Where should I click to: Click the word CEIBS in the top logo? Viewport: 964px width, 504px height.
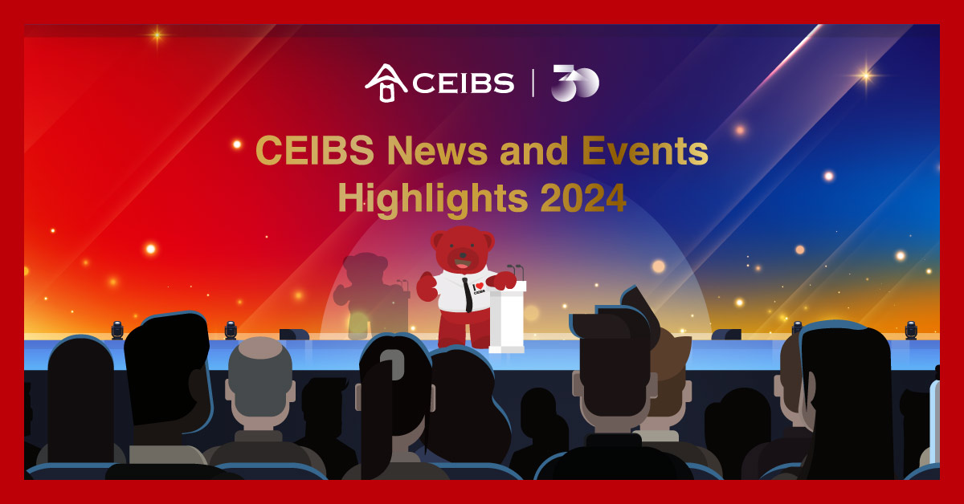click(464, 83)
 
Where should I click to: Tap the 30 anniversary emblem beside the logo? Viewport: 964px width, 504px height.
click(575, 83)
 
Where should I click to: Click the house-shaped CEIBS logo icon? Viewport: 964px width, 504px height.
click(386, 83)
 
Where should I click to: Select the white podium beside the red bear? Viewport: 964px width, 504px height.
click(507, 317)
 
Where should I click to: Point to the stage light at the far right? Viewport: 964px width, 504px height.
click(910, 329)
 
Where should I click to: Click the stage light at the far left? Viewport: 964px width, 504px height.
click(117, 329)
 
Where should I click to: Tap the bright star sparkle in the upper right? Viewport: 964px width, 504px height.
click(865, 75)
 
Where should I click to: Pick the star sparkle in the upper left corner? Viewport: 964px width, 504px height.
click(157, 35)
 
